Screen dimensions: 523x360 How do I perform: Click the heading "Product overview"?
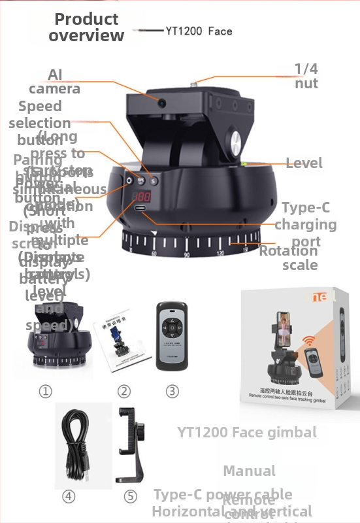pyautogui.click(x=86, y=27)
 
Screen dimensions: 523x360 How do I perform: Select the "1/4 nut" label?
pyautogui.click(x=306, y=76)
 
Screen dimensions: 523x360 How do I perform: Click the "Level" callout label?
pyautogui.click(x=304, y=163)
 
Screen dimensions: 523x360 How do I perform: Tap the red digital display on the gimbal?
pyautogui.click(x=140, y=199)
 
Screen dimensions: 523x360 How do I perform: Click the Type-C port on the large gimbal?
pyautogui.click(x=141, y=209)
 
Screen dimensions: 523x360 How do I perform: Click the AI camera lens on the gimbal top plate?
pyautogui.click(x=161, y=101)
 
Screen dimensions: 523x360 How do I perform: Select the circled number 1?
pyautogui.click(x=45, y=391)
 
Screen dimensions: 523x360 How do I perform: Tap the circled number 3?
pyautogui.click(x=172, y=391)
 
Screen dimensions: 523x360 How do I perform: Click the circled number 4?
pyautogui.click(x=69, y=496)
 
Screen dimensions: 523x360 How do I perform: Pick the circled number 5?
pyautogui.click(x=131, y=496)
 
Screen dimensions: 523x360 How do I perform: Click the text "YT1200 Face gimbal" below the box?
pyautogui.click(x=247, y=432)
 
